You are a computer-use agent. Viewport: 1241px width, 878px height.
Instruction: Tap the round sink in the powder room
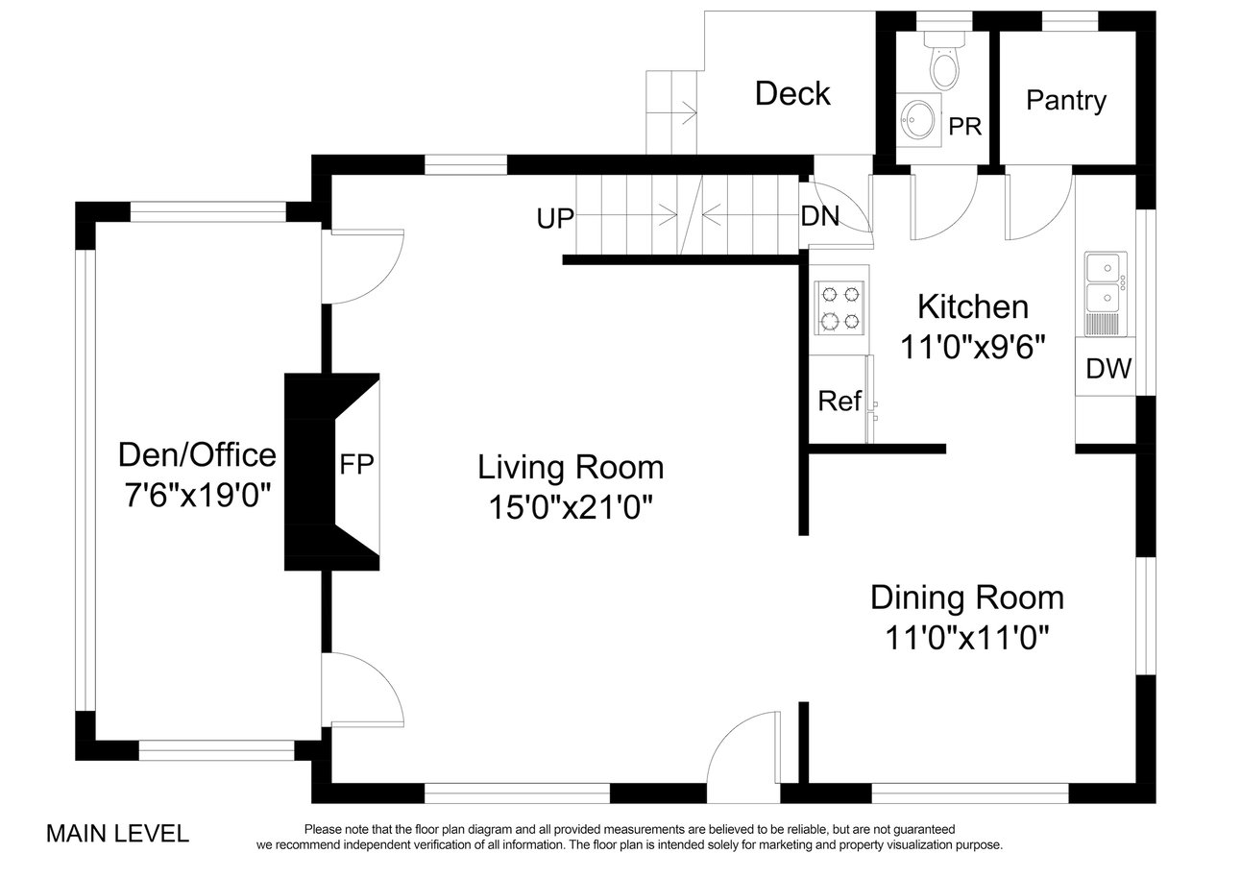pyautogui.click(x=918, y=119)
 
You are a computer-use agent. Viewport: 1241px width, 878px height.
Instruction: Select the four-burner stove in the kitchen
pyautogui.click(x=839, y=308)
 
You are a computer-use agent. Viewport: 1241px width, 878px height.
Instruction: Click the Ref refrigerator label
pyautogui.click(x=839, y=401)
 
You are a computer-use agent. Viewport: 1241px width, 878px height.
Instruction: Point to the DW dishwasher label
pyautogui.click(x=1108, y=368)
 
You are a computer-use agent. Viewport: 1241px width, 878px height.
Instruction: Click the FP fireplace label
pyautogui.click(x=356, y=464)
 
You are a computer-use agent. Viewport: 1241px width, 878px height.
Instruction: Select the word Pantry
pyautogui.click(x=1066, y=102)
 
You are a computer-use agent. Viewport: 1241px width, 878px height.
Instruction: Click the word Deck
pyautogui.click(x=792, y=93)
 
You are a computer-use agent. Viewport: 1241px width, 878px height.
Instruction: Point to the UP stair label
pyautogui.click(x=555, y=219)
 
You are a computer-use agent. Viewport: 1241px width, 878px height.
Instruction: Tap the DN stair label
pyautogui.click(x=820, y=216)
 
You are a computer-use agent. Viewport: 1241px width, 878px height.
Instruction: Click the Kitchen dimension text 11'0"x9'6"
pyautogui.click(x=973, y=348)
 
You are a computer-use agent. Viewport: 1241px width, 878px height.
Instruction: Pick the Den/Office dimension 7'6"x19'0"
pyautogui.click(x=198, y=495)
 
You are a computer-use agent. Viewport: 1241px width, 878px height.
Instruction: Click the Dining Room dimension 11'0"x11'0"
pyautogui.click(x=967, y=637)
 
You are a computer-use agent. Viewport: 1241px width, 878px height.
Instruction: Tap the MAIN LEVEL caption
pyautogui.click(x=117, y=834)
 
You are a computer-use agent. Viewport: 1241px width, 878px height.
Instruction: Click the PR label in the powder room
pyautogui.click(x=964, y=127)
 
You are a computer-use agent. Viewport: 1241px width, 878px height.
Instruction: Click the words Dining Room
pyautogui.click(x=967, y=598)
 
